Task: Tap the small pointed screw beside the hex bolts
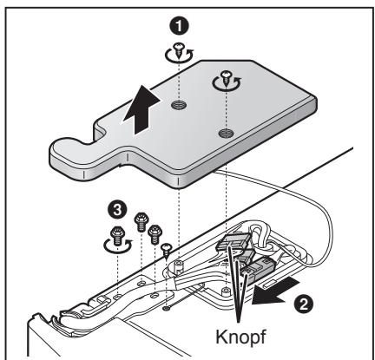click(x=168, y=248)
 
